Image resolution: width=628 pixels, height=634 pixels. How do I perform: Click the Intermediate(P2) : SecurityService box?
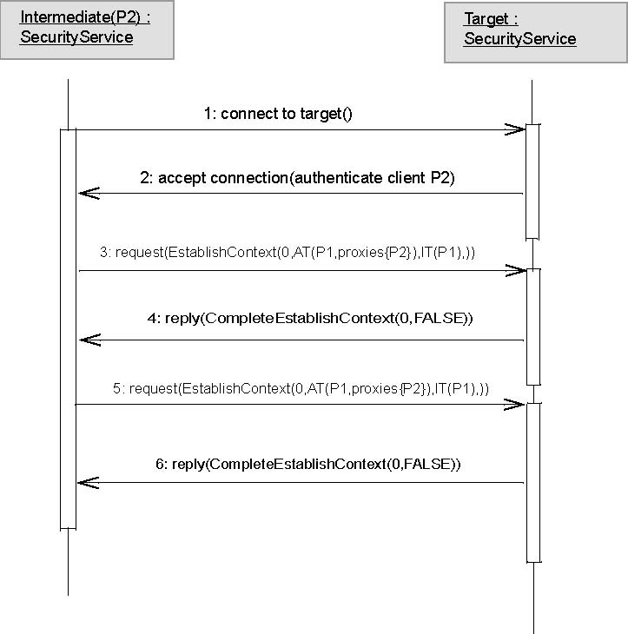[x=87, y=30]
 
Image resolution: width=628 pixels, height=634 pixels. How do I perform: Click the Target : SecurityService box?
[x=536, y=33]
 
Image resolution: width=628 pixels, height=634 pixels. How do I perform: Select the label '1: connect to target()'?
[x=278, y=114]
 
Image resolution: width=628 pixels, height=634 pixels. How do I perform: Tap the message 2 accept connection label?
[x=297, y=178]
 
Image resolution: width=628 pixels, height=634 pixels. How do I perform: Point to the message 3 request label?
[x=288, y=253]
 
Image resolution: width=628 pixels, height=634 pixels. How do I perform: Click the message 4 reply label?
[x=310, y=318]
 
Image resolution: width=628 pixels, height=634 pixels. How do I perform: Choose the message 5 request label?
[x=301, y=388]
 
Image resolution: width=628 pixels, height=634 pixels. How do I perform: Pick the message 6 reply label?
[x=307, y=464]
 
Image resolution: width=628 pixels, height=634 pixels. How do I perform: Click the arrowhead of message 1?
[x=525, y=129]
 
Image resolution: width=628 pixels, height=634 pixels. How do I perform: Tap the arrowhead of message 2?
[x=79, y=194]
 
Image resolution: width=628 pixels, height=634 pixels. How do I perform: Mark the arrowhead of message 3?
[x=526, y=270]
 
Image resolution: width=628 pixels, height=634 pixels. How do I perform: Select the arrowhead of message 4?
[x=80, y=340]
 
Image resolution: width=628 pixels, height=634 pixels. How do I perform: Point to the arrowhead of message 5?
[x=524, y=405]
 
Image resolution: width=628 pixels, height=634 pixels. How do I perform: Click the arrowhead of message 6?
[x=78, y=483]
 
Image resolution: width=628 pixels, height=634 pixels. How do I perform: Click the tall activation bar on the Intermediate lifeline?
[x=68, y=329]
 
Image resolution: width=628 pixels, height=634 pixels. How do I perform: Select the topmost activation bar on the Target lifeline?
[x=532, y=182]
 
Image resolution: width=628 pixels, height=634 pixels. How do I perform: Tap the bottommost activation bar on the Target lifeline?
[x=533, y=483]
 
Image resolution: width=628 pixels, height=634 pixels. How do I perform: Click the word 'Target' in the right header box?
[x=486, y=19]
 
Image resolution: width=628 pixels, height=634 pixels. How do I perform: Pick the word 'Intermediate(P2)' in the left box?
[x=80, y=17]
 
